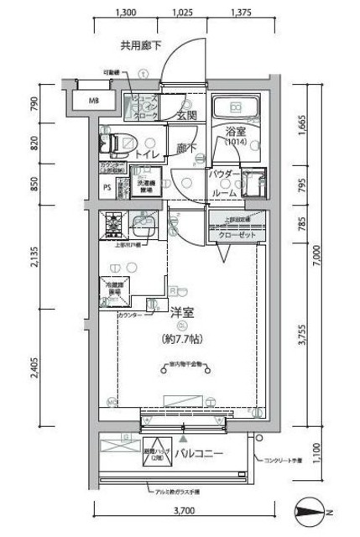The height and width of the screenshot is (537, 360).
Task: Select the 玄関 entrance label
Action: click(186, 115)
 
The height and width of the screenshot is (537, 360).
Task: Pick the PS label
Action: click(107, 188)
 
